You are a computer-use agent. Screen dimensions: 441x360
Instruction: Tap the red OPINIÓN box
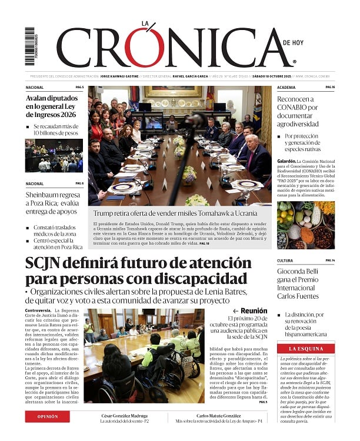pos(48,416)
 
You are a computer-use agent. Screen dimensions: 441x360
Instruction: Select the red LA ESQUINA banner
pos(306,349)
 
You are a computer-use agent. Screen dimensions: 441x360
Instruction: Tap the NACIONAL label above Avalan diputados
pos(35,87)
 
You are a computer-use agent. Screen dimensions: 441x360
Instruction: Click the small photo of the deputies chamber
pos(54,156)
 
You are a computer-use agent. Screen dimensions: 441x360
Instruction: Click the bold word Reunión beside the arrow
pos(254,310)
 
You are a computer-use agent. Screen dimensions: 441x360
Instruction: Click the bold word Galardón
pos(286,161)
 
